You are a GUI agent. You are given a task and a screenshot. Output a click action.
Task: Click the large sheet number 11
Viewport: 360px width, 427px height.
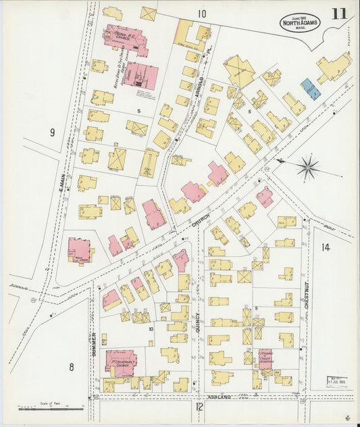pos(340,14)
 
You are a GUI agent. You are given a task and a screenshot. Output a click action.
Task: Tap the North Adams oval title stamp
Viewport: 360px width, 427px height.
pos(300,24)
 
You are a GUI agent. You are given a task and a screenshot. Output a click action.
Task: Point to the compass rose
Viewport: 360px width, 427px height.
pos(307,167)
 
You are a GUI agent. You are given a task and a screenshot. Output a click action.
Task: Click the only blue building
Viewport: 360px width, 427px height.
pos(311,89)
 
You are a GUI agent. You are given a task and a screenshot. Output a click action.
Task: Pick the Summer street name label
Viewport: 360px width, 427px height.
pos(95,345)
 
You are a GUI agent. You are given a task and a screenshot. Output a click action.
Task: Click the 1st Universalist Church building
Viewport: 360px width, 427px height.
pos(121,363)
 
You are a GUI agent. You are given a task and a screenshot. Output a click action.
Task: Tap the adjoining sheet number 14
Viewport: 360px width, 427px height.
pos(326,248)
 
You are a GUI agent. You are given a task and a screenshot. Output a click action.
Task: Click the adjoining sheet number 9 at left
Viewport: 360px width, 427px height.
pos(51,132)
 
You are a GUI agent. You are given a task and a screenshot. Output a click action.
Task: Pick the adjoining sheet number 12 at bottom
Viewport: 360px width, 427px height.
pos(199,407)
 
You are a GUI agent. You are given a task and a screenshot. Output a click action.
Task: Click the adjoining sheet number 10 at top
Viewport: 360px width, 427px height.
pos(201,14)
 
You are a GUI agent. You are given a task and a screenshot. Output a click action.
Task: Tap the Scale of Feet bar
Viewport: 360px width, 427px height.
pos(51,408)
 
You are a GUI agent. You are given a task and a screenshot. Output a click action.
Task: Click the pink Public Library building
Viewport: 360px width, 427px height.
pos(79,249)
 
